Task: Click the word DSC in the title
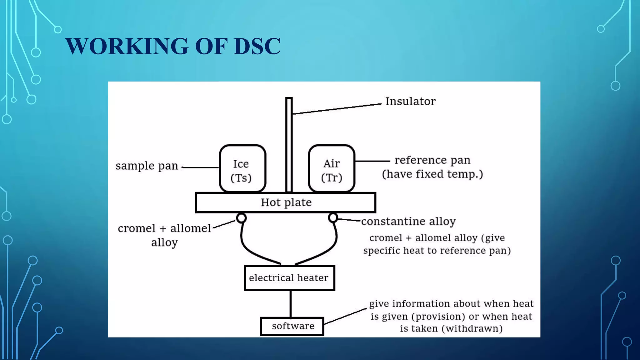click(257, 46)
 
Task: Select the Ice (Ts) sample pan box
click(242, 169)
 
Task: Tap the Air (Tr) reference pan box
click(332, 169)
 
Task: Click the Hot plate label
click(286, 202)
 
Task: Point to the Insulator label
click(410, 101)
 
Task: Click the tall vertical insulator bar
click(289, 144)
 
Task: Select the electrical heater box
click(289, 278)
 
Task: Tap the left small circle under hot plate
click(241, 218)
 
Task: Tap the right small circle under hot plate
click(333, 217)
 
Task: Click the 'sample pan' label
click(147, 166)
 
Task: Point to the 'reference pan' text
click(432, 160)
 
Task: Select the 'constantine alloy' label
click(408, 221)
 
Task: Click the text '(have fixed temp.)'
click(432, 174)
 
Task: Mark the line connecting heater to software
click(291, 304)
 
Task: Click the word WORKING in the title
click(127, 46)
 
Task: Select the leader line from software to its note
click(345, 316)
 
